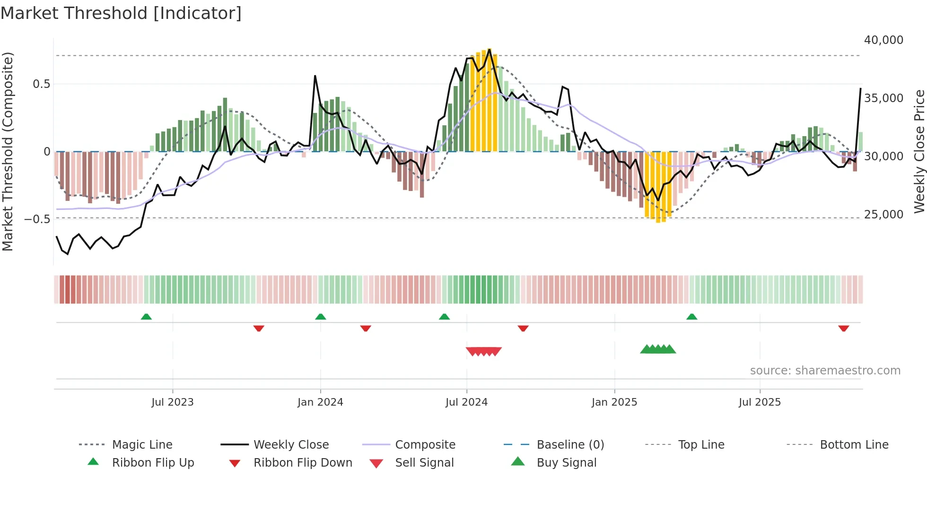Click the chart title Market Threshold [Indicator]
coord(121,13)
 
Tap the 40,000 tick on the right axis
coord(883,40)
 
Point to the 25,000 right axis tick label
coord(883,215)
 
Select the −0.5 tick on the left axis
coord(37,219)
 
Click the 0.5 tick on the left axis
coord(41,84)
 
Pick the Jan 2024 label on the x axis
coord(320,402)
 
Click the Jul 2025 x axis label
coord(760,402)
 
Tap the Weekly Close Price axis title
coord(919,151)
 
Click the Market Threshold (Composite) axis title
coord(8,151)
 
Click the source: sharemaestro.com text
coord(825,371)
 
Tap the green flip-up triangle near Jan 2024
coord(321,317)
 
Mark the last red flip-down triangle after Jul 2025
coord(843,328)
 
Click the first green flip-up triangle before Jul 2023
coord(146,317)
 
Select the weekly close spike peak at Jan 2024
coord(315,76)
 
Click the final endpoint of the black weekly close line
coord(860,88)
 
